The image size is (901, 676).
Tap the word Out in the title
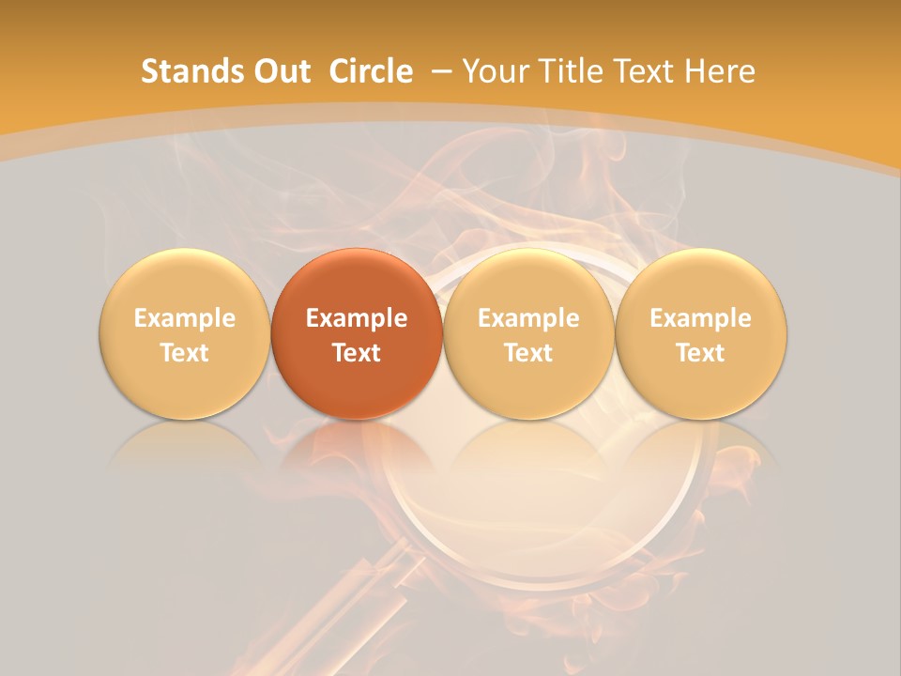(x=280, y=71)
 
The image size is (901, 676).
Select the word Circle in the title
(x=371, y=71)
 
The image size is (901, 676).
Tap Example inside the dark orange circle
(x=357, y=318)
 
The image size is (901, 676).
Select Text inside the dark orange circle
(x=357, y=353)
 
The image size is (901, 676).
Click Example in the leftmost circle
(x=185, y=318)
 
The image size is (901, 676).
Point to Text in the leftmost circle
(x=185, y=353)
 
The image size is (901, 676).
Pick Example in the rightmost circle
(x=701, y=318)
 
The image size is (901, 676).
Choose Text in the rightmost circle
(x=701, y=353)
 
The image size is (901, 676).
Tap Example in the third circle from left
(x=528, y=318)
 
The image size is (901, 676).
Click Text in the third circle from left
(x=528, y=353)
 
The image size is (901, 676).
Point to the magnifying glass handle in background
(x=361, y=601)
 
